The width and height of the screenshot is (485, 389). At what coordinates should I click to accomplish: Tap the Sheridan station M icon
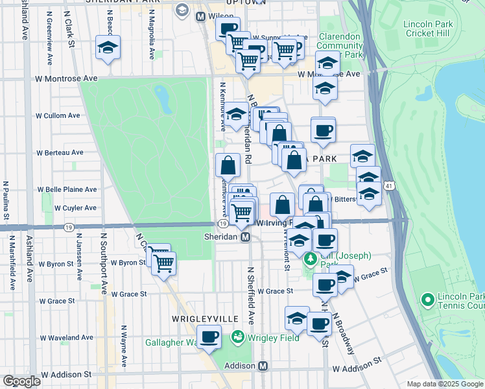click(x=246, y=237)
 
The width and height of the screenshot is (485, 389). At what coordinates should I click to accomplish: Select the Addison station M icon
click(x=263, y=366)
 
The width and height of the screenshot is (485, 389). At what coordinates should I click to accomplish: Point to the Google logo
click(x=21, y=381)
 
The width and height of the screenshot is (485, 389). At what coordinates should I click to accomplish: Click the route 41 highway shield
click(x=387, y=185)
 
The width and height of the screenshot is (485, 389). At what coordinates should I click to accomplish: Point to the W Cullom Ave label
click(x=58, y=115)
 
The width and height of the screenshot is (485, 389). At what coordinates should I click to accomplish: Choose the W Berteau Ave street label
click(x=60, y=153)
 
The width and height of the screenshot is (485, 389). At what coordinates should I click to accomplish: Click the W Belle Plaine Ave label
click(x=67, y=189)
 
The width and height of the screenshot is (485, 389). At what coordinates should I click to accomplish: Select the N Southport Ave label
click(x=102, y=260)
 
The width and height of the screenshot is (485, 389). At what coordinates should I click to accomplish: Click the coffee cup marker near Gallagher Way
click(x=209, y=337)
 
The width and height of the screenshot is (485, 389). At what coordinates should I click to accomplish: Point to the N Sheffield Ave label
click(x=250, y=294)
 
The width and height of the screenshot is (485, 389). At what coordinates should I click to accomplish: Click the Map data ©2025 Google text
click(x=444, y=384)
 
